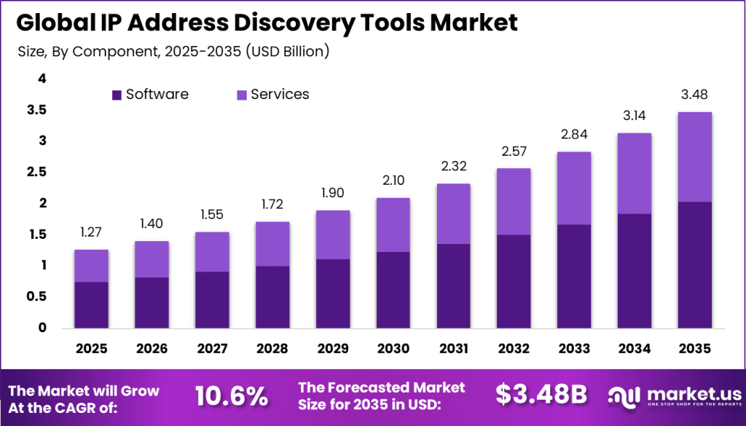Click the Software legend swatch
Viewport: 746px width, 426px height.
point(117,95)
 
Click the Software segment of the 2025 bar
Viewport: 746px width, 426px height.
point(91,304)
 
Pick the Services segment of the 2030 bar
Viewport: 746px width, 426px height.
point(393,225)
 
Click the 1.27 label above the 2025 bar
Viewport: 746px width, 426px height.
point(91,232)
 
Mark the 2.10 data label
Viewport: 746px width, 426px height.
point(393,180)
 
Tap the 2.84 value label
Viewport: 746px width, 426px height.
point(573,134)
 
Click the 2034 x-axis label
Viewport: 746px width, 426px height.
point(634,349)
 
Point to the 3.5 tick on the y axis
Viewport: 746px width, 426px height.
point(36,110)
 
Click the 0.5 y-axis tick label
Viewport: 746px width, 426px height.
point(36,296)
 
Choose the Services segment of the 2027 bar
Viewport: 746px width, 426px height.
point(212,252)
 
